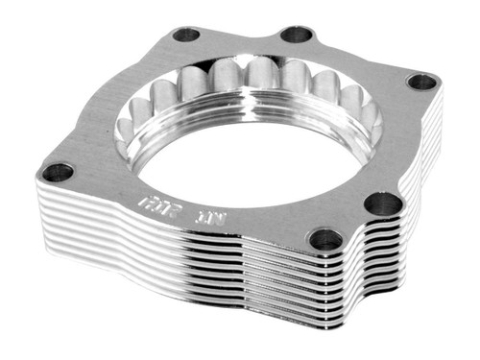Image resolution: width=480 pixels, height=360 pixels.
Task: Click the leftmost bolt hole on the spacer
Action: pyautogui.click(x=58, y=173)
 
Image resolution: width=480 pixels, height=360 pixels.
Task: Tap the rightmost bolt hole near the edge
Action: pyautogui.click(x=422, y=82)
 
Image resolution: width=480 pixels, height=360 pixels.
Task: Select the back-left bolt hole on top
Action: pyautogui.click(x=185, y=35)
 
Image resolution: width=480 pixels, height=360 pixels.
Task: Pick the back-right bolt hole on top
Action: pyautogui.click(x=297, y=35)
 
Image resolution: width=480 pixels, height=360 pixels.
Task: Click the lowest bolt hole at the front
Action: pyautogui.click(x=326, y=239)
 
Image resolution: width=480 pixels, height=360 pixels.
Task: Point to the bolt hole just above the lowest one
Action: pyautogui.click(x=384, y=204)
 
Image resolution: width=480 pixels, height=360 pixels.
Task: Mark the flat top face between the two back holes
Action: pyautogui.click(x=240, y=40)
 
